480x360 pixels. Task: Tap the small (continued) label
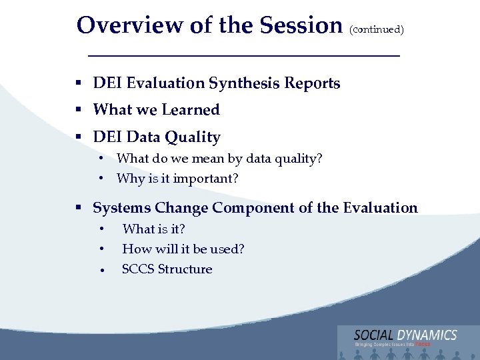376,29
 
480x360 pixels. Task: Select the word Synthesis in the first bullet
244,84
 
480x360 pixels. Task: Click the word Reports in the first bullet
312,83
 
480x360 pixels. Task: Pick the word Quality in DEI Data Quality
193,137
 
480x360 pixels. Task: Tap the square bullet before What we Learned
79,110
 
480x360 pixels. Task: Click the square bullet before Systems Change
79,208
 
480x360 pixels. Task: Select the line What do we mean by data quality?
219,159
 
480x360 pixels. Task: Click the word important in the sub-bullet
202,179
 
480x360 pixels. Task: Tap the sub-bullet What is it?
153,229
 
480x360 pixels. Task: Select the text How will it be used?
183,249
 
